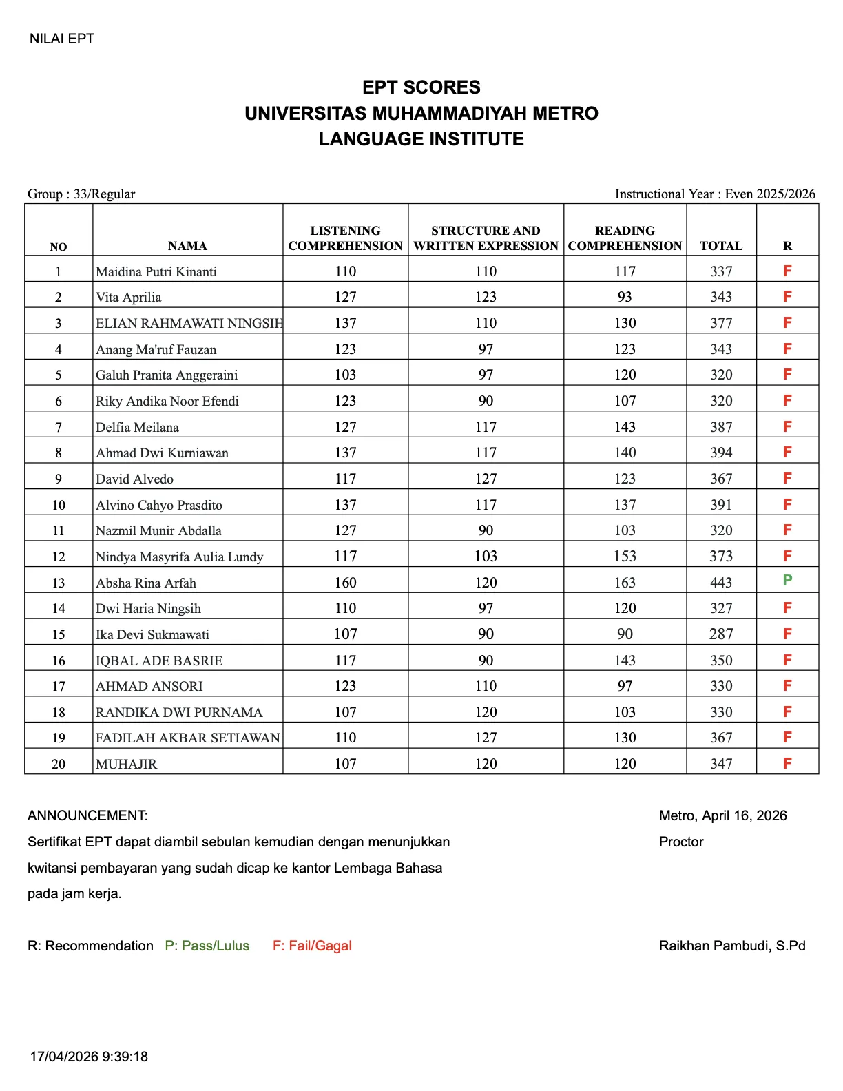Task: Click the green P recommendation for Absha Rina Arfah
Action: [787, 580]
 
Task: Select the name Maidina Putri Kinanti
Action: [156, 272]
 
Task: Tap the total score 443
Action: [721, 583]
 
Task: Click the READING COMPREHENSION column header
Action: [625, 238]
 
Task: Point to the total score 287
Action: [721, 634]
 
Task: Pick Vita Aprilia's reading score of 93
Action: [625, 297]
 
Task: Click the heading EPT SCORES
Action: [421, 87]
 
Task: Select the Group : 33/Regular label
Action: [81, 194]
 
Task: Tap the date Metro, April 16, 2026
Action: [722, 815]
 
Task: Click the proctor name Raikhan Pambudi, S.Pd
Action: [732, 946]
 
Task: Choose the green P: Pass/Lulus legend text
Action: [207, 946]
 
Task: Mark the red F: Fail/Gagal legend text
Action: [312, 946]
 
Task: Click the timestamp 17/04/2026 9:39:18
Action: [89, 1057]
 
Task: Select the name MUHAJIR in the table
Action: [127, 764]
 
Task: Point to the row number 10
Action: [59, 505]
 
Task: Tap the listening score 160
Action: [345, 583]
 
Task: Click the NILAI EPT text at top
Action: [62, 39]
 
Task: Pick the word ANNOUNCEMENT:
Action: [87, 815]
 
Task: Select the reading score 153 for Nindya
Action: [625, 557]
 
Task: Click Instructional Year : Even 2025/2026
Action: [715, 194]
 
